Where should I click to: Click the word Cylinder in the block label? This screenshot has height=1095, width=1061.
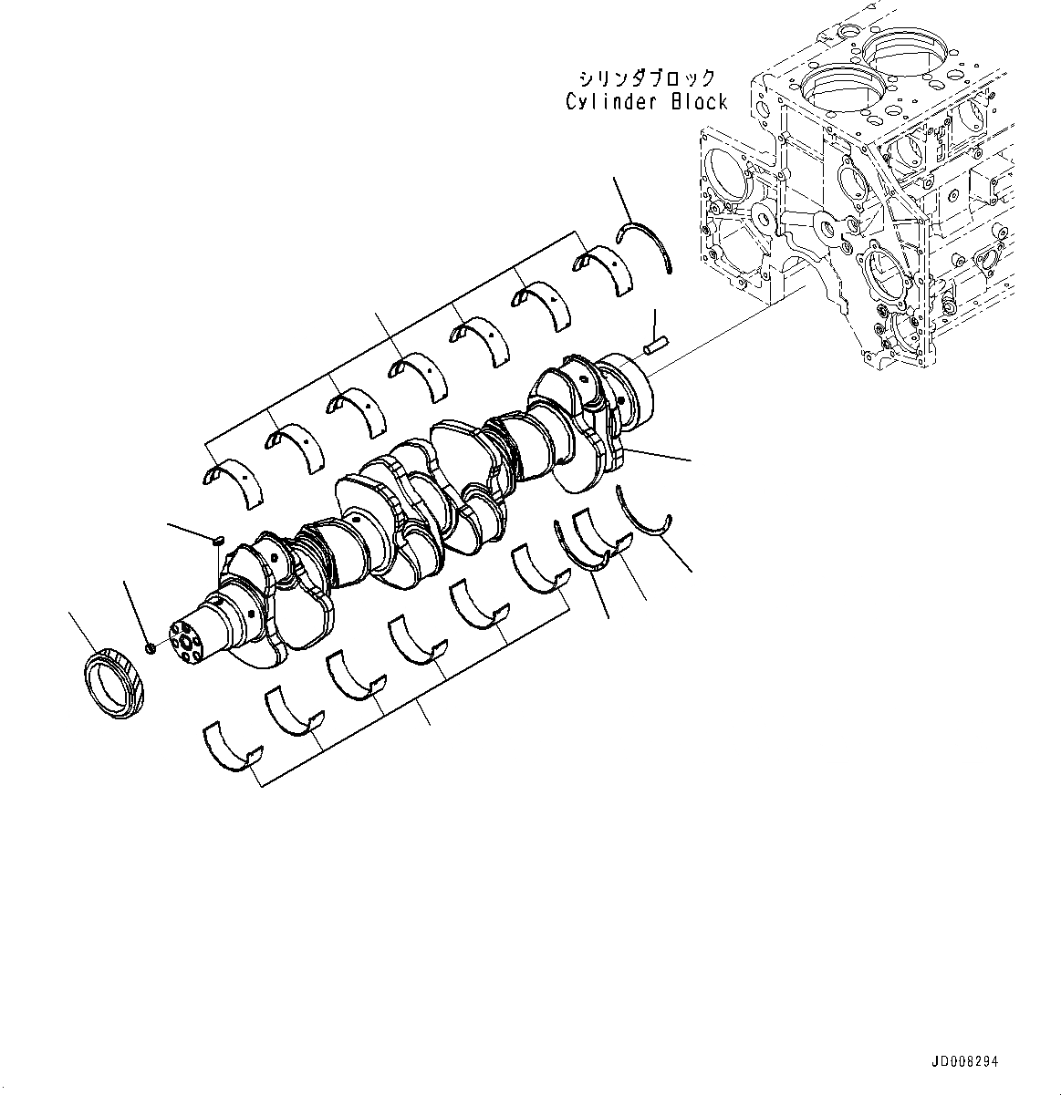tap(613, 101)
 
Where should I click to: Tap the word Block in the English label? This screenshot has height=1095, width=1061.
tap(700, 101)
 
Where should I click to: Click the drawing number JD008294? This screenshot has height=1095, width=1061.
tap(965, 1062)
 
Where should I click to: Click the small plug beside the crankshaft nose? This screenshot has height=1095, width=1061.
tap(151, 647)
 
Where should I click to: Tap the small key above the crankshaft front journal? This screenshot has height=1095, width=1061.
tap(218, 541)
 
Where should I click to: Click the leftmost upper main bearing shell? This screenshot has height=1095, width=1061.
tap(232, 480)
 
